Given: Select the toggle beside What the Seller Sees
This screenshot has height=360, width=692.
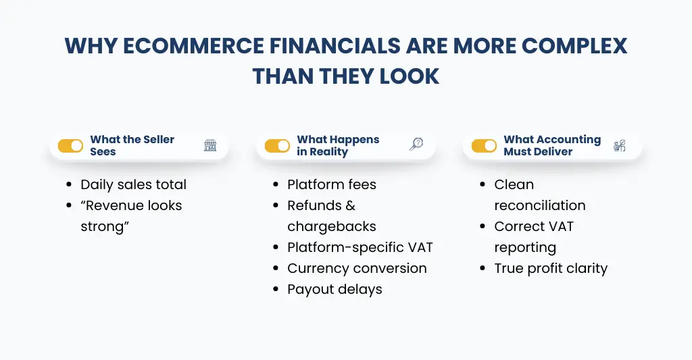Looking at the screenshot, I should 70,146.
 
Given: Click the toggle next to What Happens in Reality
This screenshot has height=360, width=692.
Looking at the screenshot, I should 277,146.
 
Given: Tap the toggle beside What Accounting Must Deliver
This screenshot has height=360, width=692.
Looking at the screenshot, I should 484,146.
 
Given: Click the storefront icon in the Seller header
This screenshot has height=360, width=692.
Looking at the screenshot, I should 210,145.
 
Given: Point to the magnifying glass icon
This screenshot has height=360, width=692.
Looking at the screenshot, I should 416,145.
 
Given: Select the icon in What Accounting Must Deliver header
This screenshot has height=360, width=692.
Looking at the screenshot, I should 619,145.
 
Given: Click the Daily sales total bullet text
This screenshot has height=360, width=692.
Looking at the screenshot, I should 133,184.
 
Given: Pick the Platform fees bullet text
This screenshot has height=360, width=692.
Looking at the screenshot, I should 331,184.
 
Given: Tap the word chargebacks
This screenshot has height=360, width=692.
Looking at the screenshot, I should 331,226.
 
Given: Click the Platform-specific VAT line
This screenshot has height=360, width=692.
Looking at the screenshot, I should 360,247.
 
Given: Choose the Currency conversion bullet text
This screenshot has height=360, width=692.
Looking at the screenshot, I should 357,268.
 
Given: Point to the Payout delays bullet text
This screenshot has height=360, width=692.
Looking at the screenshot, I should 335,289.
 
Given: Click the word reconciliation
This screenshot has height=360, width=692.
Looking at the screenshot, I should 539,205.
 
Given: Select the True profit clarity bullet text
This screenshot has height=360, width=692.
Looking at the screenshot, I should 551,268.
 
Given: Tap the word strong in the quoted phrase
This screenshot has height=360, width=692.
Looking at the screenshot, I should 102,226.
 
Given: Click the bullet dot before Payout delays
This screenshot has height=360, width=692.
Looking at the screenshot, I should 276,290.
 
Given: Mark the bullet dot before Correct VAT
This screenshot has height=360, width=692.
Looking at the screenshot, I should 483,227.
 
